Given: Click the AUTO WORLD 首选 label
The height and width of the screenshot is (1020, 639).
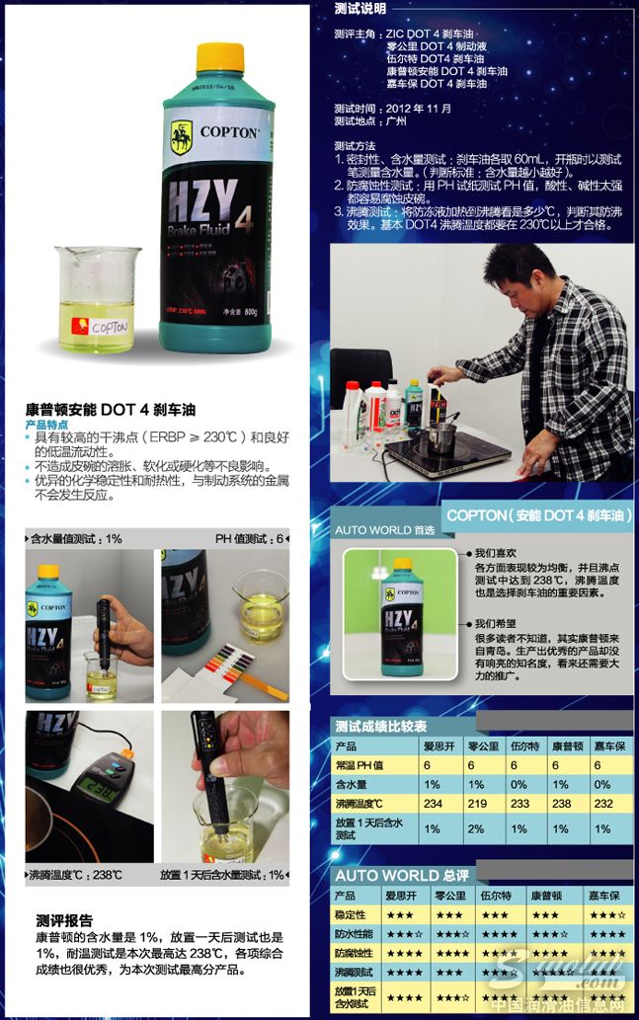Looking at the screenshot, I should [384, 530].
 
